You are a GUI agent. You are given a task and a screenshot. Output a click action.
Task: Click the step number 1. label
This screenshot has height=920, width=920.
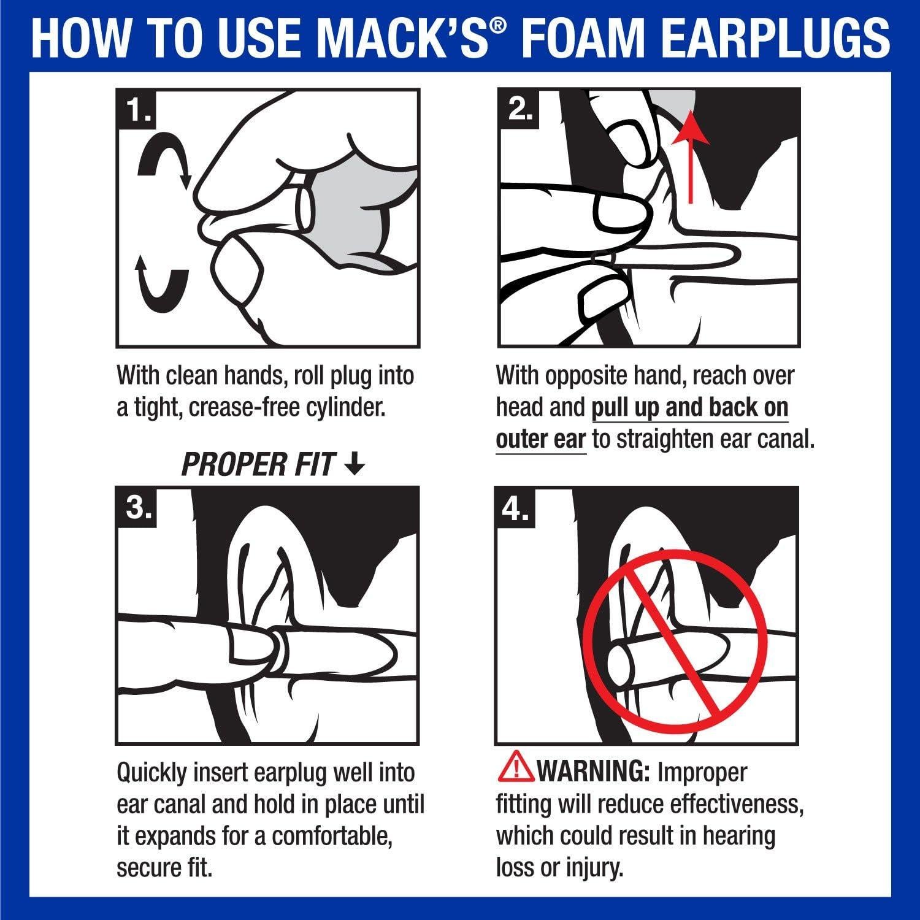(x=138, y=112)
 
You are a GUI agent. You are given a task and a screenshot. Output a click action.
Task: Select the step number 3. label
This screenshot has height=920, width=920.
(x=138, y=508)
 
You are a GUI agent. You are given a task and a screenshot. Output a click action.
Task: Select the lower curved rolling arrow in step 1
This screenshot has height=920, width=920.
(x=161, y=282)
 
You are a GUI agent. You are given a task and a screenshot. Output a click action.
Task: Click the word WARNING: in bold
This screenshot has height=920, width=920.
(x=592, y=772)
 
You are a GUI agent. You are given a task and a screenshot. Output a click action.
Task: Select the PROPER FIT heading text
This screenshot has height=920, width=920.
(x=258, y=466)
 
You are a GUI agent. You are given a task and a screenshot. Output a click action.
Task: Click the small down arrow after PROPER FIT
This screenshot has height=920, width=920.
(x=354, y=466)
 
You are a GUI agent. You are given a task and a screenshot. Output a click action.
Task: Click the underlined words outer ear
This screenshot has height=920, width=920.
(x=540, y=440)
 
